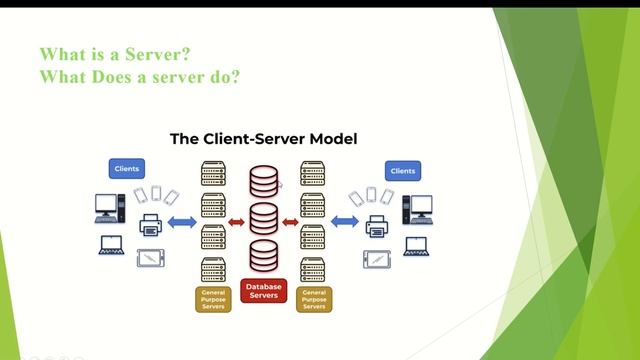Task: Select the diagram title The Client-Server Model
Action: pos(264,139)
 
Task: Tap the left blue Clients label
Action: pos(127,169)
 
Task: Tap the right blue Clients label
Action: pos(402,170)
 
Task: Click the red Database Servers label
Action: pos(264,291)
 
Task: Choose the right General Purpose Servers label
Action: pos(315,299)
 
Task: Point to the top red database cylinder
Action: pos(263,182)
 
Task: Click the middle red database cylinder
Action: pos(263,219)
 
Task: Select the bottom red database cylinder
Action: pos(263,256)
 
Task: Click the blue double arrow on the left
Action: pos(181,220)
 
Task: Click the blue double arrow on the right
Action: pos(345,220)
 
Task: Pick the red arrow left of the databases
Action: pos(237,220)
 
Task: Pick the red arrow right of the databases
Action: pos(290,220)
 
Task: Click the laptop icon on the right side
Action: pos(413,245)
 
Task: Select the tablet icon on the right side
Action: pos(376,258)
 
